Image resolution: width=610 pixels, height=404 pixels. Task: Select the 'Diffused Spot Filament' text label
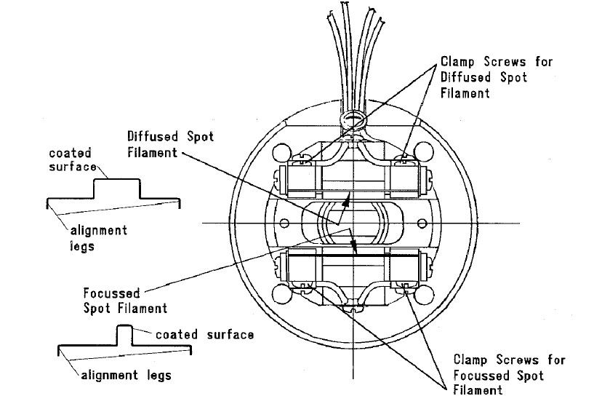click(x=170, y=144)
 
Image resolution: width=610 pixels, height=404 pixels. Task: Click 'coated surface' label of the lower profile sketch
click(x=205, y=334)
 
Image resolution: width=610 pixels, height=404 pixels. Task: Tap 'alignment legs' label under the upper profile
click(x=97, y=238)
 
